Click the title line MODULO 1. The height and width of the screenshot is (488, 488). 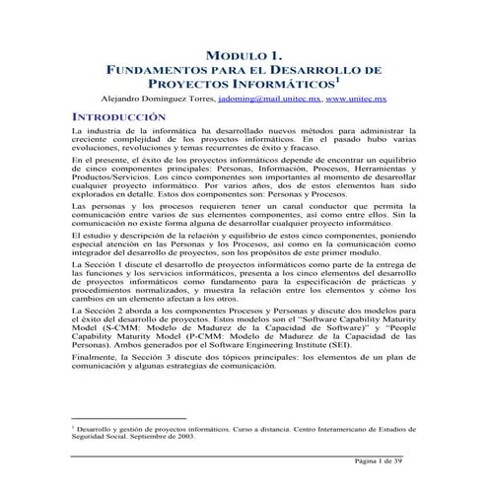coord(243,55)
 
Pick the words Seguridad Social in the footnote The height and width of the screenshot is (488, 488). coord(104,439)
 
